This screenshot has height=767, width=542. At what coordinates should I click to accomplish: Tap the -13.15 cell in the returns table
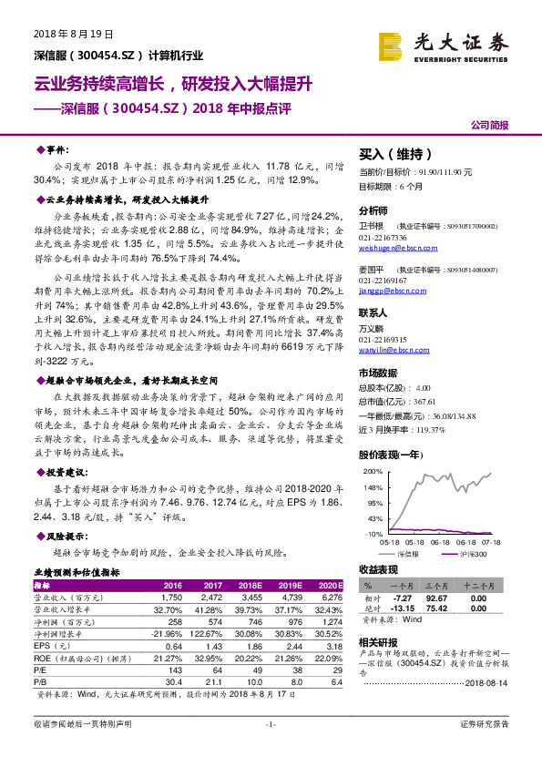point(406,609)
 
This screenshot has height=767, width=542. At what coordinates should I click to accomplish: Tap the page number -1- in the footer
point(271,749)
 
